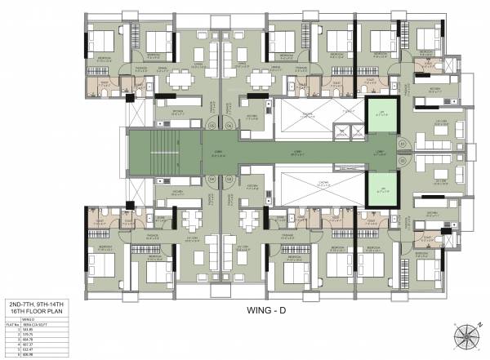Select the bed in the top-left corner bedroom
102,41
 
